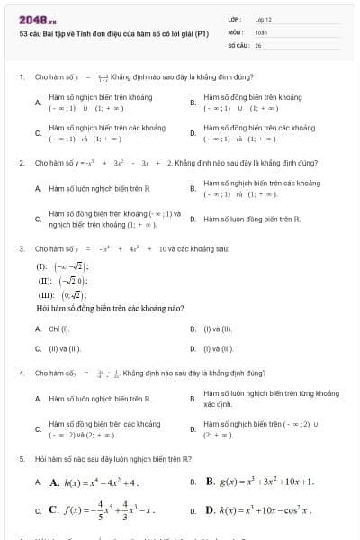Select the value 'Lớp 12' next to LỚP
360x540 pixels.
click(x=263, y=19)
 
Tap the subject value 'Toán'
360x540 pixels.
click(x=261, y=31)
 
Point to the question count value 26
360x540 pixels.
click(x=257, y=44)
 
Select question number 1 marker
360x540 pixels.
click(x=21, y=77)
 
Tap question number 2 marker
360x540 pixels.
click(x=21, y=163)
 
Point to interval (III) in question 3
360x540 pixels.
click(x=56, y=295)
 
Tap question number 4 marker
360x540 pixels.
click(x=21, y=372)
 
